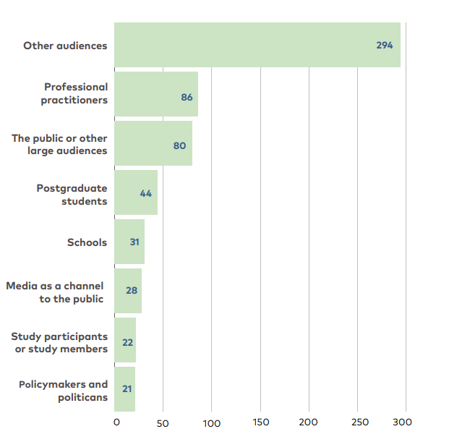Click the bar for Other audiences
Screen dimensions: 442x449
pyautogui.click(x=257, y=45)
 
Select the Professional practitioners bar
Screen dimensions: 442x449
pyautogui.click(x=155, y=94)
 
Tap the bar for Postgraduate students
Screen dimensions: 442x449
pyautogui.click(x=136, y=192)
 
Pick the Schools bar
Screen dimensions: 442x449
pyautogui.click(x=129, y=242)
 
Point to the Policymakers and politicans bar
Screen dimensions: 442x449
pyautogui.click(x=125, y=389)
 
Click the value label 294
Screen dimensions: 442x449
pyautogui.click(x=384, y=45)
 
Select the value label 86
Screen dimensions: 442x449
pyautogui.click(x=187, y=96)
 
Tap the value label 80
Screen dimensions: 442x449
pyautogui.click(x=179, y=145)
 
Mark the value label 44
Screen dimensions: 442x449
pyautogui.click(x=145, y=193)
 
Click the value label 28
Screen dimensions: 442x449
pyautogui.click(x=132, y=290)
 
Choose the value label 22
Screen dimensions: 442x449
pyautogui.click(x=127, y=341)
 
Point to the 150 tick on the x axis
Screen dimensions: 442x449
pyautogui.click(x=260, y=422)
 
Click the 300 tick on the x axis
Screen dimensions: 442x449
pyautogui.click(x=403, y=422)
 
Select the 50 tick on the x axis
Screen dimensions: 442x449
pyautogui.click(x=163, y=422)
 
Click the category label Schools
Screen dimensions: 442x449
pyautogui.click(x=87, y=242)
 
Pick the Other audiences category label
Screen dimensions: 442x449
pyautogui.click(x=65, y=46)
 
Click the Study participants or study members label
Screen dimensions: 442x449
pyautogui.click(x=59, y=343)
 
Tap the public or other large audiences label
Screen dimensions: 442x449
pyautogui.click(x=59, y=145)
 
